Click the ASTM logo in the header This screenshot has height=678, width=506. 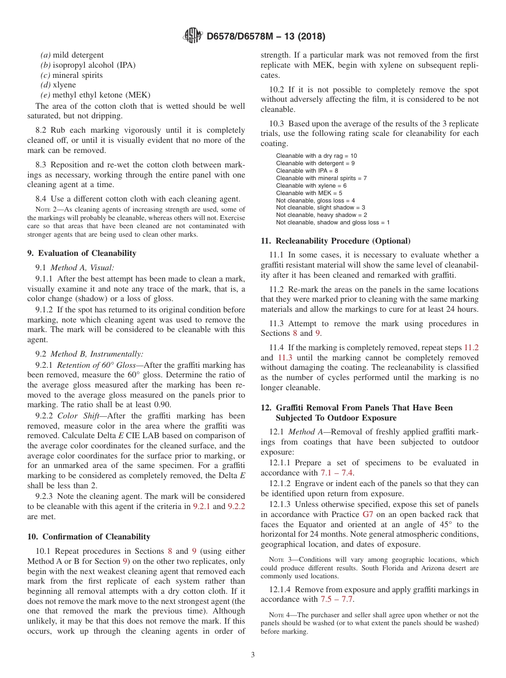pyautogui.click(x=192, y=36)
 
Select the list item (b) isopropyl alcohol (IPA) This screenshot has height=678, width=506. pyautogui.click(x=88, y=65)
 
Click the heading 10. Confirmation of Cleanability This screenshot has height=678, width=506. pyautogui.click(x=88, y=537)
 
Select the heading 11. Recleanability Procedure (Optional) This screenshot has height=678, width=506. pyautogui.click(x=336, y=241)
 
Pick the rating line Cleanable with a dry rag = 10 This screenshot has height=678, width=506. pyautogui.click(x=316, y=156)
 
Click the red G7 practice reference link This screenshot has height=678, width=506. pyautogui.click(x=368, y=514)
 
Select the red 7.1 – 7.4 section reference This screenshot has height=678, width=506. pyautogui.click(x=337, y=473)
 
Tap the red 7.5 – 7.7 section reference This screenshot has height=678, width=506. pyautogui.click(x=337, y=600)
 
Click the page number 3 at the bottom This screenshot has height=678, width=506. pyautogui.click(x=253, y=655)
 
